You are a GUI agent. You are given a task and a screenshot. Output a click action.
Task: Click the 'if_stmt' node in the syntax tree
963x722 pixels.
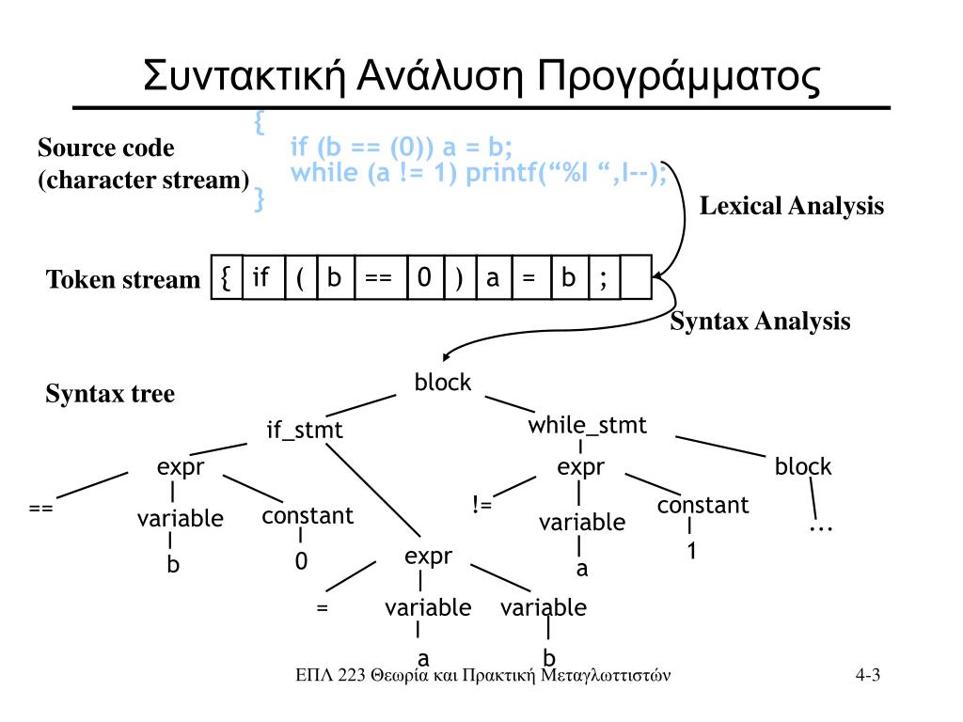(305, 431)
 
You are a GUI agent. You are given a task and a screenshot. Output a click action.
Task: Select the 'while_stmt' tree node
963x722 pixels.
(587, 426)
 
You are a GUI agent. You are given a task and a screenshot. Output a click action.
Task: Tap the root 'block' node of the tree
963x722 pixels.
(443, 383)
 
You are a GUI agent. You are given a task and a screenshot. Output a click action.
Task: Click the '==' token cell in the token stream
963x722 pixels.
(378, 278)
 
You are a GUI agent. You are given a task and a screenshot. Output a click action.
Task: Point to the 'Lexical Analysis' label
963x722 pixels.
(791, 207)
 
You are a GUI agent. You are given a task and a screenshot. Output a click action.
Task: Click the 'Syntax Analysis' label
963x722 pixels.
(760, 322)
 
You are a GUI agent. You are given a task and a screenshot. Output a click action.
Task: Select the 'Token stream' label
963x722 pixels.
(123, 280)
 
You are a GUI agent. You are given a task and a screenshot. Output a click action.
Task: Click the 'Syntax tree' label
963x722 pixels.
(110, 394)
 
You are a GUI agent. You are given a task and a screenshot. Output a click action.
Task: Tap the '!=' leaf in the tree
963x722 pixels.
(482, 506)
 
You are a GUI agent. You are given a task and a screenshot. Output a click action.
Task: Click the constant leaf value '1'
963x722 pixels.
(690, 552)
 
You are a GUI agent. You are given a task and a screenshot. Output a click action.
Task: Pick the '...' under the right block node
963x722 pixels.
(821, 526)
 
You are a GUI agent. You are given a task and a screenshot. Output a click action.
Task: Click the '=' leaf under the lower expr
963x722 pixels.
(323, 607)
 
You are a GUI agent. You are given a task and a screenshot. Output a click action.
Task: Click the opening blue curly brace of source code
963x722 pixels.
(260, 122)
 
